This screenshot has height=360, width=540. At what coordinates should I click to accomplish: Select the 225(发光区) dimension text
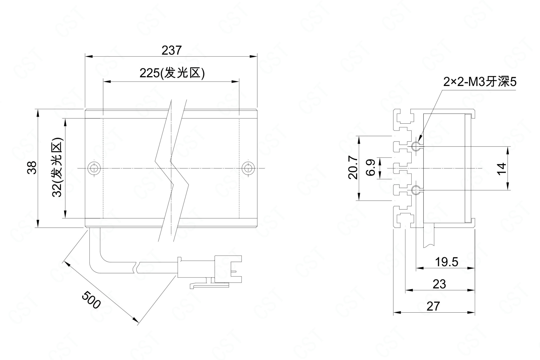(172, 74)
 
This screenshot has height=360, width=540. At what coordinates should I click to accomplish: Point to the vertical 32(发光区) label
(57, 168)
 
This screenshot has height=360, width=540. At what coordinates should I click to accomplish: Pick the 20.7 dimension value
(353, 168)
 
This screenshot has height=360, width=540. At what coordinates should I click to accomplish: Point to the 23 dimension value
(439, 284)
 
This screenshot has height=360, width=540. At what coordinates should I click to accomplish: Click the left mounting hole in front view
(94, 168)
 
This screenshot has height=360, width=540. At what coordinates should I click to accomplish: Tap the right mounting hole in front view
(248, 168)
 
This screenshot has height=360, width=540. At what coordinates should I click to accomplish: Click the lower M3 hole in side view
(416, 190)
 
